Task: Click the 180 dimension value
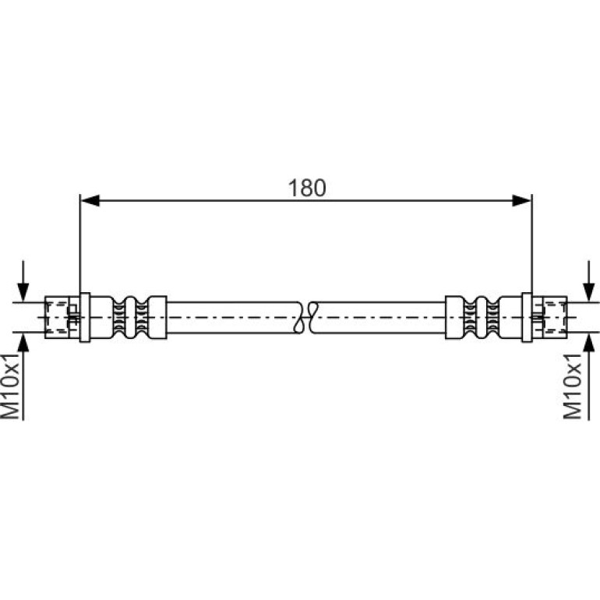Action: point(307,188)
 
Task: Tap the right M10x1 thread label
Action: point(572,386)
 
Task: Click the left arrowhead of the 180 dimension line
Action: point(90,200)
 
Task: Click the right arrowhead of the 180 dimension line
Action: point(522,200)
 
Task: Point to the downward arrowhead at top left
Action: point(23,292)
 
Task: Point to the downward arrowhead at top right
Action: point(589,292)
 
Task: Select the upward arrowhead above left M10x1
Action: point(23,342)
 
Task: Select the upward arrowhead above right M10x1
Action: point(589,342)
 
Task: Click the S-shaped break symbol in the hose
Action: point(307,317)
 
